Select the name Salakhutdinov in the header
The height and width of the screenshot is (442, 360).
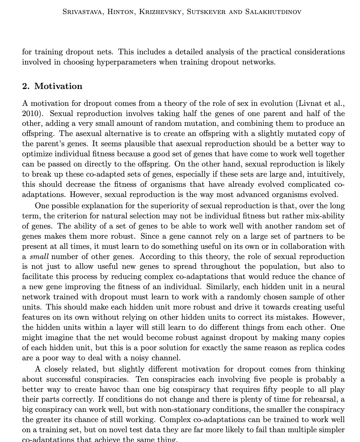(x=273, y=12)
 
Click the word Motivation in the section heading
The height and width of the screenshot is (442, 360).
(x=58, y=86)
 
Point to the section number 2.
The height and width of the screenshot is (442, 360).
(x=26, y=86)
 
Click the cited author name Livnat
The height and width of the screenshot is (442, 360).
(x=310, y=103)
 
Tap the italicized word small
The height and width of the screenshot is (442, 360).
(x=39, y=257)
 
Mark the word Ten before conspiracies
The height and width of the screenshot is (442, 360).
(x=142, y=379)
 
